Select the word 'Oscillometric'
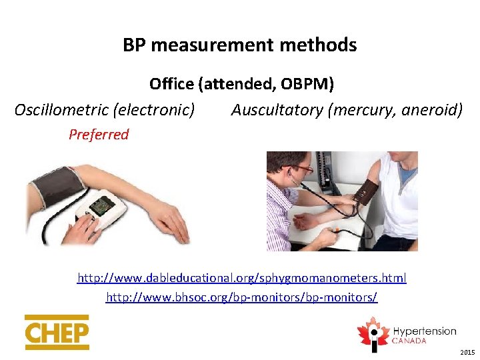[x=60, y=110]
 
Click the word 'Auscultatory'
[x=277, y=110]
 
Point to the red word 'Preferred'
[x=99, y=135]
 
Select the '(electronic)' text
[x=155, y=110]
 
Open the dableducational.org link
[x=242, y=278]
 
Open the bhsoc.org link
[x=242, y=297]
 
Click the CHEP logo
[x=57, y=333]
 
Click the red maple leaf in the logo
[x=372, y=331]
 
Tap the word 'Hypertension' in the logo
[x=424, y=331]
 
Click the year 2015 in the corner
[x=467, y=352]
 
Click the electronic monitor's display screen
[x=102, y=206]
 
